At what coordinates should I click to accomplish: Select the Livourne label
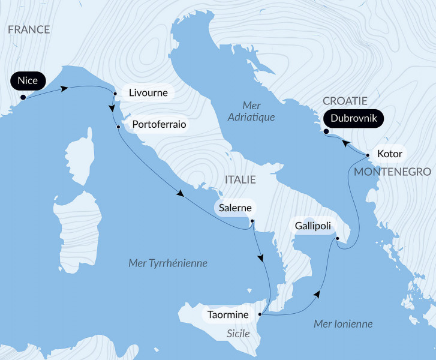point(148,93)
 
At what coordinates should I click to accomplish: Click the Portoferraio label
point(158,125)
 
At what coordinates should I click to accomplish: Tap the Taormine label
point(228,314)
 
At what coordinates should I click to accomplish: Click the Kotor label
point(389,153)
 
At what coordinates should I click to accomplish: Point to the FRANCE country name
point(29,29)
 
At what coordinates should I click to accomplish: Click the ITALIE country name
point(240,179)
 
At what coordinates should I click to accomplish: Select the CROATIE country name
point(345,101)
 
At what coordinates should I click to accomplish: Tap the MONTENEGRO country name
point(394,172)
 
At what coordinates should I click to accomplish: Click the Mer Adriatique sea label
point(251,111)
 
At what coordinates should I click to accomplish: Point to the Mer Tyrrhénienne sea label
point(168,263)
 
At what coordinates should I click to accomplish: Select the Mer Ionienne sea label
point(343,324)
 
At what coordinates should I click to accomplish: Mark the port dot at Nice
point(23,97)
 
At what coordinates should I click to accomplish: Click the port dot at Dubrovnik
point(325,131)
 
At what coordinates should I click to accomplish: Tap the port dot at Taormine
point(259,314)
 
